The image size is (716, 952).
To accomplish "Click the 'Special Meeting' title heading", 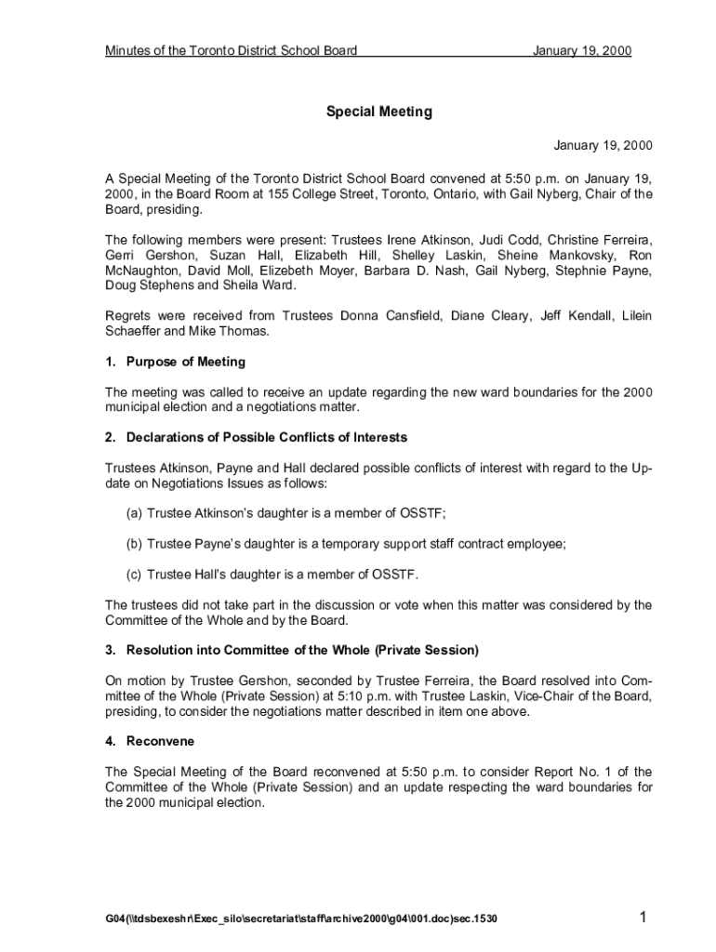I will [x=378, y=112].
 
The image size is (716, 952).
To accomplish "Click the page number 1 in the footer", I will [x=643, y=919].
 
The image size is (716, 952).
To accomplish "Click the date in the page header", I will [x=582, y=51].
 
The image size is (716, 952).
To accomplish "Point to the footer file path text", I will [x=301, y=919].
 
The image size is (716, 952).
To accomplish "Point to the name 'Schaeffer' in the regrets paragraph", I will [x=133, y=332].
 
